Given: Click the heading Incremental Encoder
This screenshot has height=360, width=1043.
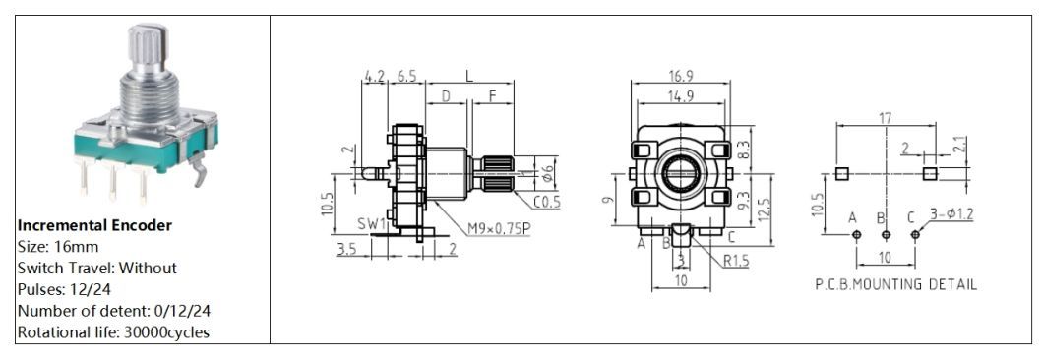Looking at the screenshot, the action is (94, 225).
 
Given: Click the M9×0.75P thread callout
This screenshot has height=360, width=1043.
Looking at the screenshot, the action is (498, 228).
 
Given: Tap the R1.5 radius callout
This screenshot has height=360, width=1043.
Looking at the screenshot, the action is (736, 261).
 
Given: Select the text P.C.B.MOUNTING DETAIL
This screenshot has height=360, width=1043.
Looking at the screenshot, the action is (896, 285).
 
